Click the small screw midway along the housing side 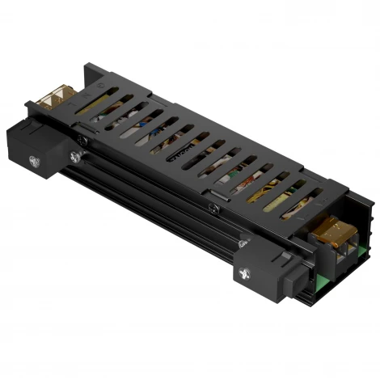click(211, 209)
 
